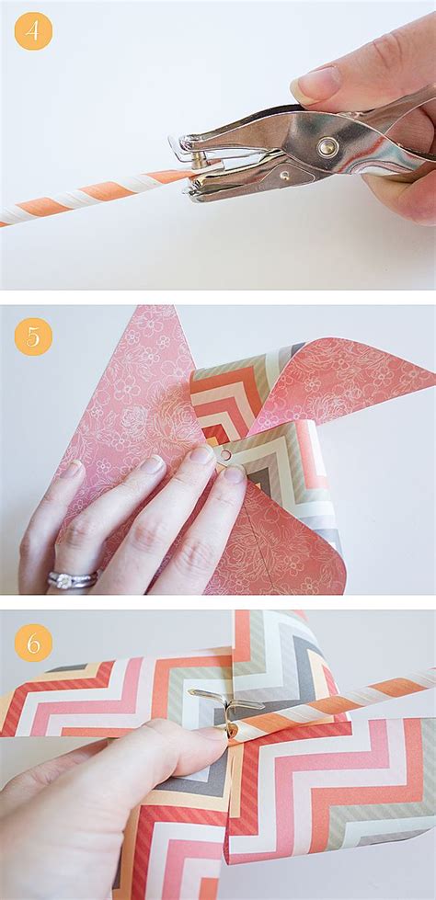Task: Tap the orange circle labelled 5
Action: click(33, 336)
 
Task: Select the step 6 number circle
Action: click(33, 643)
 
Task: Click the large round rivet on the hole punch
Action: click(327, 146)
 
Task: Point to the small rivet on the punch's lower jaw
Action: click(285, 174)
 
